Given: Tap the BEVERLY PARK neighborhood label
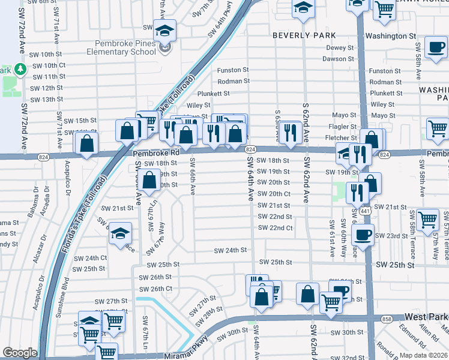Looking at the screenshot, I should point(300,35).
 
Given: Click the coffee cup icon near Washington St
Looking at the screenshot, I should point(435,47).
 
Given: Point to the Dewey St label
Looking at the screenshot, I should point(340,48).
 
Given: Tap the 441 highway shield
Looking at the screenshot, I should point(366,212).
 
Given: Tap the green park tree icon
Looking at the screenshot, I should point(20,70).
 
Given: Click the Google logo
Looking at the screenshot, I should point(20,353).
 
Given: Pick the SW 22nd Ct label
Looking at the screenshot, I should point(275,228).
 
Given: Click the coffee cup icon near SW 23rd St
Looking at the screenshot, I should point(363,235).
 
